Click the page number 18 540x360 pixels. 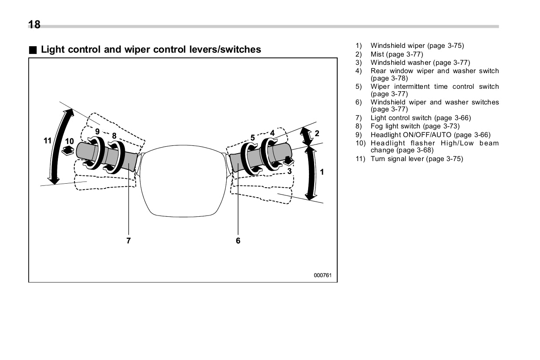[34, 25]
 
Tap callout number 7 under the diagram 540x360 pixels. [128, 240]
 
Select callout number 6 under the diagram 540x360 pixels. [238, 240]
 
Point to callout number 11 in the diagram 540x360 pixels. [47, 141]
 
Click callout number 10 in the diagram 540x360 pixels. [70, 141]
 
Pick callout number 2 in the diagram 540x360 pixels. [317, 133]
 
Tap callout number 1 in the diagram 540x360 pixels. [322, 172]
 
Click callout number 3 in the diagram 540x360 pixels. [289, 171]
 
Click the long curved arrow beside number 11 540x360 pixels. [60, 147]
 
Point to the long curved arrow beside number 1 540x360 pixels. [312, 173]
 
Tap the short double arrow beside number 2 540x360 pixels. [307, 136]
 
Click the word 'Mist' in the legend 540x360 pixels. [377, 54]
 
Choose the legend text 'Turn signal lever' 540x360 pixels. [397, 158]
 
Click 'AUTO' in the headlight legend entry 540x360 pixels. [441, 135]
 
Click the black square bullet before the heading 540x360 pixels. [33, 50]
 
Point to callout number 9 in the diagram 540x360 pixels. [97, 131]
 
